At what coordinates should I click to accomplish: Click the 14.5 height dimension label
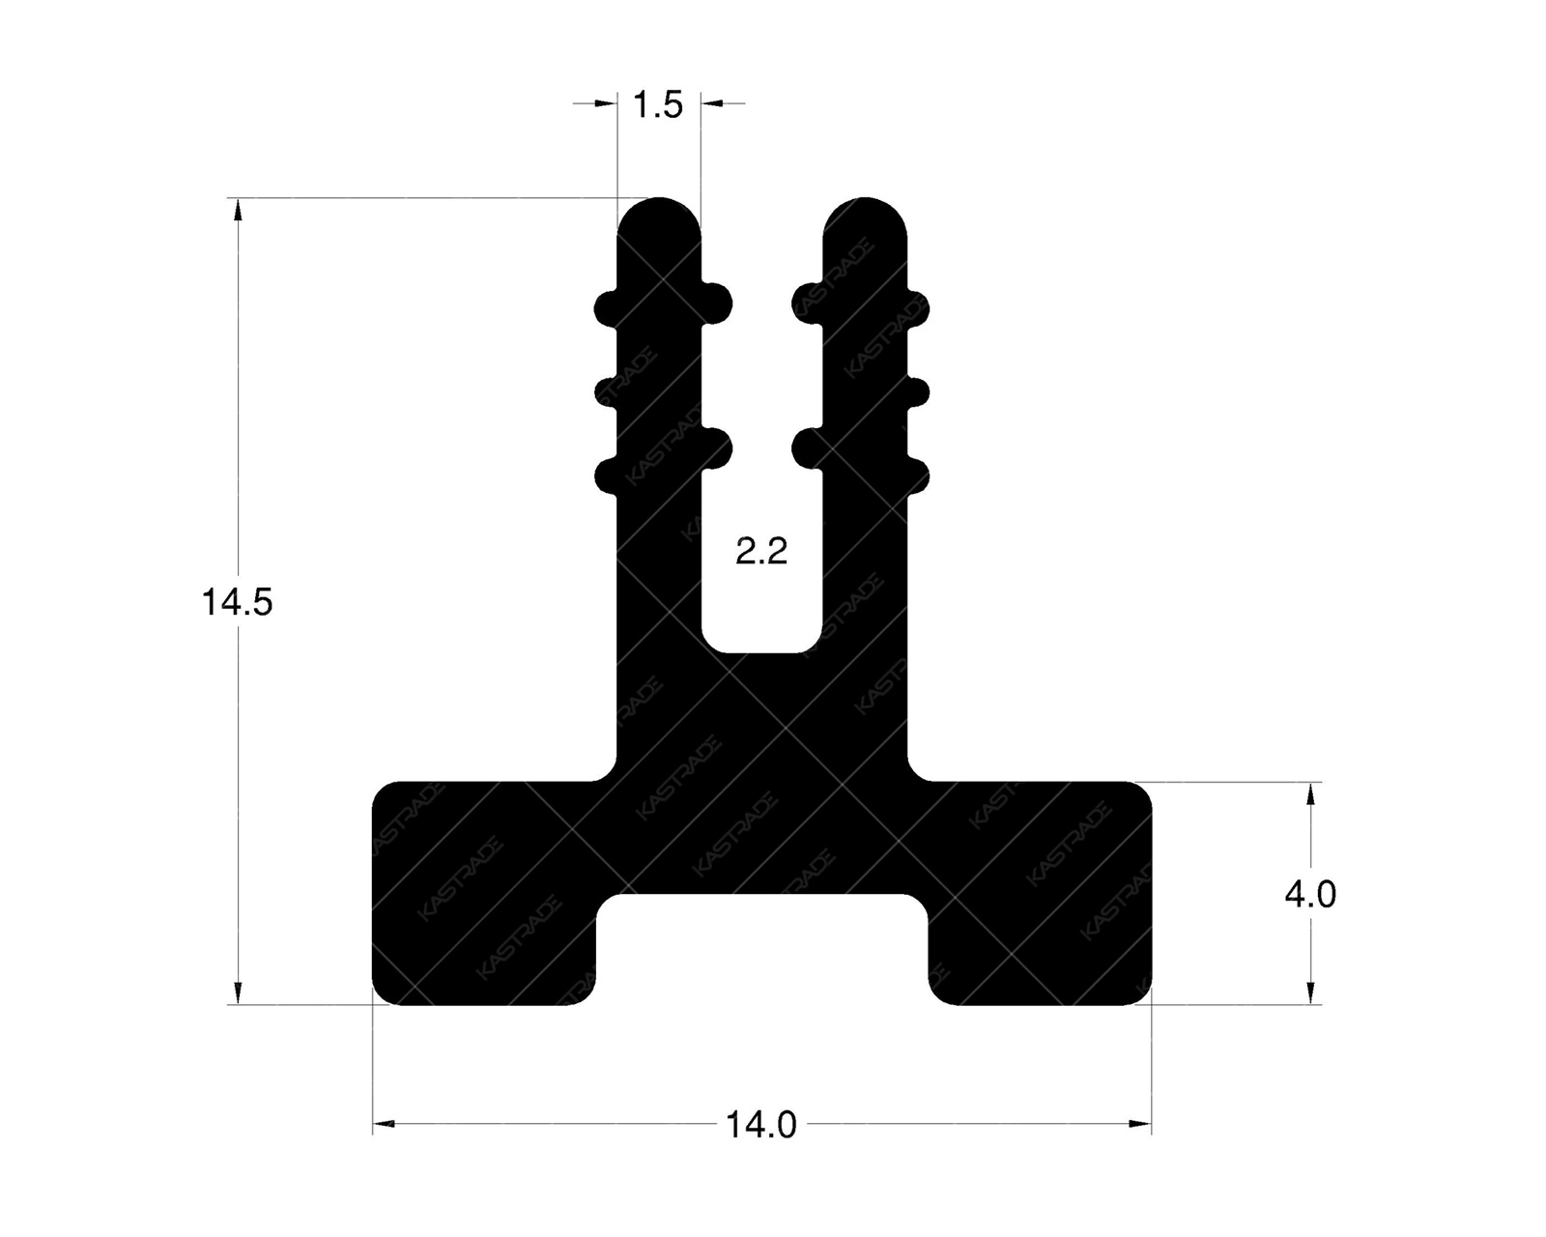click(237, 603)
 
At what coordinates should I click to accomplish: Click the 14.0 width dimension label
click(761, 1125)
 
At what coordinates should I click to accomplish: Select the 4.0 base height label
click(1309, 895)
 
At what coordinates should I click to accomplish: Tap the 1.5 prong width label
click(658, 104)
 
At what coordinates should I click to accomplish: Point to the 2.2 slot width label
click(761, 553)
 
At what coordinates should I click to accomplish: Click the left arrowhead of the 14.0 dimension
click(385, 1124)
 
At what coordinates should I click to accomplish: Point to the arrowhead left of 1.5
click(606, 102)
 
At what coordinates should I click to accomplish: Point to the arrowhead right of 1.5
click(712, 102)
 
